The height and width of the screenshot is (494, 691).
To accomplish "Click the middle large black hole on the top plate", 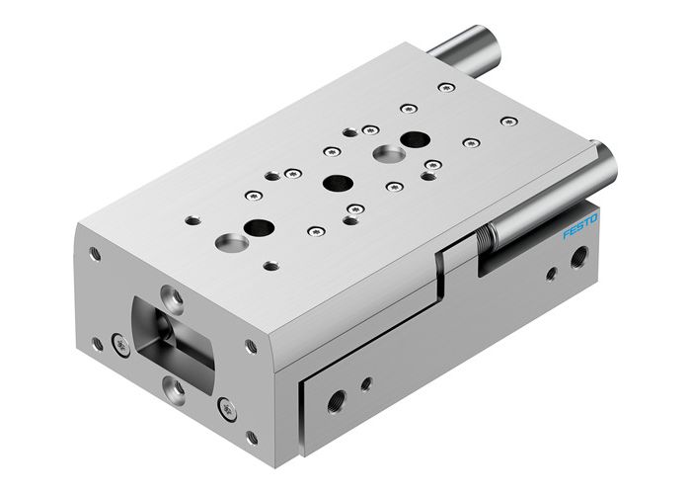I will point(338,183).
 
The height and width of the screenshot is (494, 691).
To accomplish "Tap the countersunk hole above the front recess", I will point(174,292).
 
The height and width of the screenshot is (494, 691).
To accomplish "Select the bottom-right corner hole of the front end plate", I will point(252,436).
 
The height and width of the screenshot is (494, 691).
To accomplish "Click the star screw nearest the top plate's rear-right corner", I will point(507,122).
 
